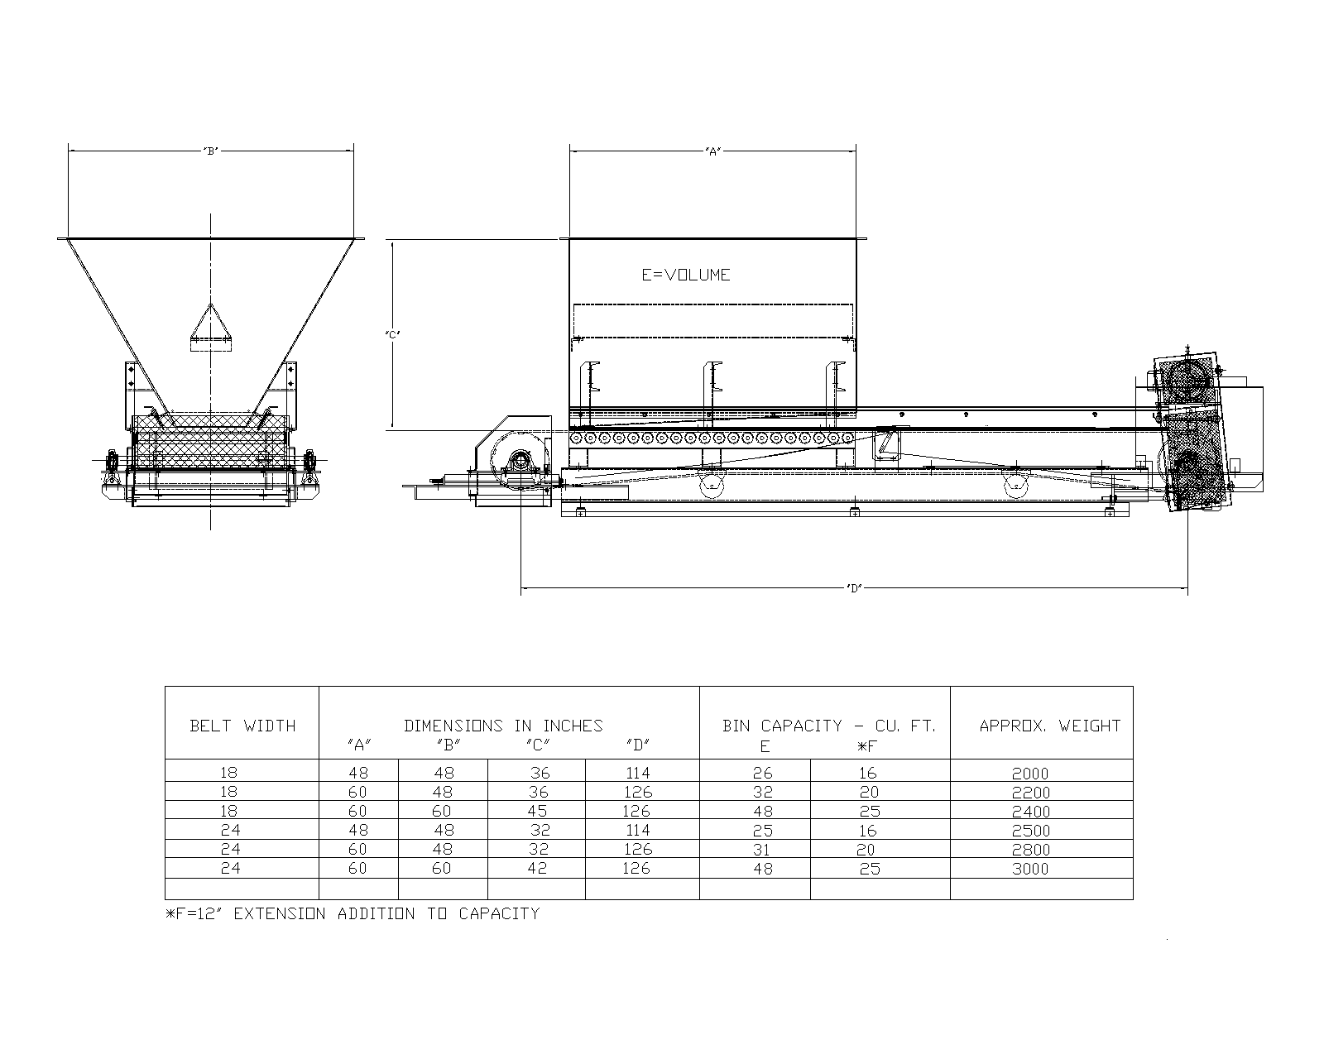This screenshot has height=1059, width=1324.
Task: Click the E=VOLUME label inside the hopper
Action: pos(686,275)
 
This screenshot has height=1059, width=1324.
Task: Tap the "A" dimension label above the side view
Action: pos(712,151)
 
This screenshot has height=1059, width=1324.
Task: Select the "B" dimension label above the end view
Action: pos(211,151)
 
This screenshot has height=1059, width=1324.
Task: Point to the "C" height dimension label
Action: pos(393,334)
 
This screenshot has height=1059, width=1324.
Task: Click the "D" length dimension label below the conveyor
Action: pos(854,588)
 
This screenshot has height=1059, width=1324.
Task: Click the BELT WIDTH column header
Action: pos(242,726)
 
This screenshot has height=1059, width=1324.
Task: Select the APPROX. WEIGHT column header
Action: pos(1049,726)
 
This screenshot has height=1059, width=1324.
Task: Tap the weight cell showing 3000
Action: pos(1030,869)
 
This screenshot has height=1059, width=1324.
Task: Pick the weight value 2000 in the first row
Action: pos(1030,774)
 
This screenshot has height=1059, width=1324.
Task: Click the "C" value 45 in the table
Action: pos(538,812)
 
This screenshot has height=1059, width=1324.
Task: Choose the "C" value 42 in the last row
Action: pos(538,869)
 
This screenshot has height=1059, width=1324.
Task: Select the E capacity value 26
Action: pos(762,774)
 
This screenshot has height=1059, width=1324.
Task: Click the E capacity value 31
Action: pos(762,850)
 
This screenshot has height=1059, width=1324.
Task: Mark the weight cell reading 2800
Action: pos(1030,850)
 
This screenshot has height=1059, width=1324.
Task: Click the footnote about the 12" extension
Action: pos(353,914)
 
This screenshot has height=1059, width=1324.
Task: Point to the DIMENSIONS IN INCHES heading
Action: pos(503,726)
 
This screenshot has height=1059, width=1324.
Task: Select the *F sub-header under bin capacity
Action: pos(866,746)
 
